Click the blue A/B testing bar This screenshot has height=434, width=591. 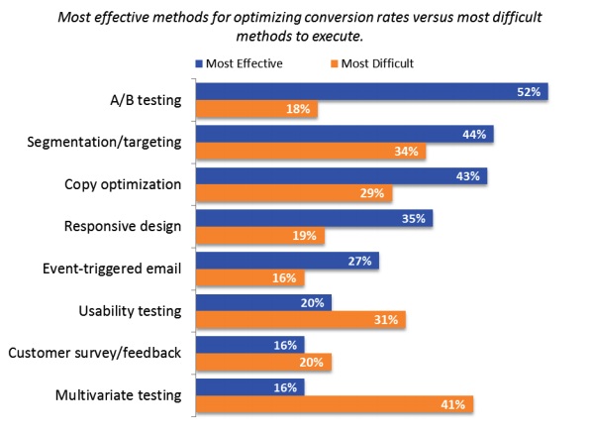click(372, 92)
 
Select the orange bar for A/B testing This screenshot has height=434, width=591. click(256, 109)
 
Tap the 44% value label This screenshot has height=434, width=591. click(474, 135)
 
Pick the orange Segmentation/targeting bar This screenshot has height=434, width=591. click(311, 152)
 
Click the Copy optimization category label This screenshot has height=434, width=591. click(123, 184)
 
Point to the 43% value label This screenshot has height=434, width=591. click(467, 176)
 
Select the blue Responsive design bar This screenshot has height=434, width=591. click(315, 219)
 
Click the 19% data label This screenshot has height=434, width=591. click(304, 236)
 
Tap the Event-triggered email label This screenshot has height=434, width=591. click(112, 269)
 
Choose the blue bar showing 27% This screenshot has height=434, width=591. click(288, 261)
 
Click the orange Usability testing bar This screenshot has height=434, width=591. click(301, 320)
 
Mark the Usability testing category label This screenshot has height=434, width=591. click(130, 311)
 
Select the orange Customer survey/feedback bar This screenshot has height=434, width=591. click(264, 363)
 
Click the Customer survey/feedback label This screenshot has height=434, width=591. click(95, 353)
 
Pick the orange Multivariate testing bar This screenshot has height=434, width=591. click(335, 404)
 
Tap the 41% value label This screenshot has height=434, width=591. click(453, 405)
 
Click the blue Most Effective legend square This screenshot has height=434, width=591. click(199, 63)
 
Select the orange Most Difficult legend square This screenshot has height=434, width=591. click(335, 63)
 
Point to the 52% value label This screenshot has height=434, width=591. click(529, 92)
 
